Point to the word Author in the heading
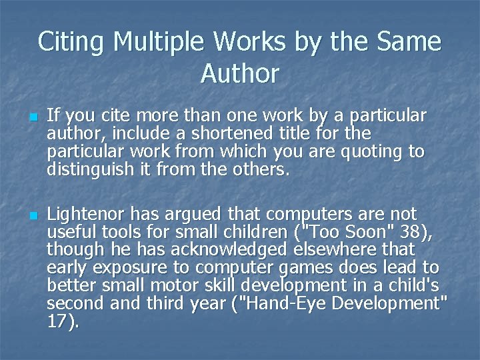tap(239, 73)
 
